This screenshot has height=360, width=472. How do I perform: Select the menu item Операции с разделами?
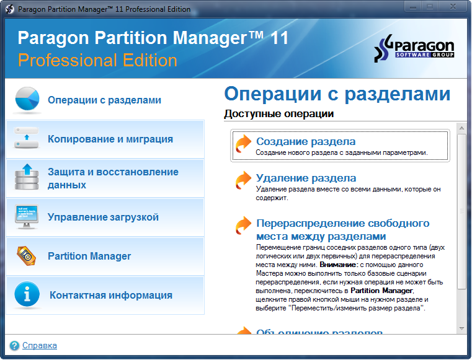tap(104, 100)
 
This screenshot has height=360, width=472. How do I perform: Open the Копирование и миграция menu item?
tap(110, 139)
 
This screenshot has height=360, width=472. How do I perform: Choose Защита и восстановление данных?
tap(113, 178)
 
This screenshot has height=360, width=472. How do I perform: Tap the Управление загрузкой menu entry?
tap(103, 217)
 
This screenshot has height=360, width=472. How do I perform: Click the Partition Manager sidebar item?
tap(89, 257)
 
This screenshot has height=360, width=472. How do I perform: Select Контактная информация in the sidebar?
tap(110, 296)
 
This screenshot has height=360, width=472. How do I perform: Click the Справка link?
tap(40, 346)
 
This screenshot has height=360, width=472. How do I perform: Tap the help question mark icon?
tap(14, 346)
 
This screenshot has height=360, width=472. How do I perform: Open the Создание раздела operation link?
tap(306, 141)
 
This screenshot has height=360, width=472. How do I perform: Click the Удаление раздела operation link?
tap(306, 178)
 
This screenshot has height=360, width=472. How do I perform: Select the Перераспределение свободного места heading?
tap(342, 229)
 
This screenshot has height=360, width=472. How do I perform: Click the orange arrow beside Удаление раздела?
tap(243, 180)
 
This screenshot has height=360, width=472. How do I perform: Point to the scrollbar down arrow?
tap(461, 328)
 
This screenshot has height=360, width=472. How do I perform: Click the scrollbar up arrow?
tap(461, 128)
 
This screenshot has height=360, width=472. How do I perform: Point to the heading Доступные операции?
tap(278, 114)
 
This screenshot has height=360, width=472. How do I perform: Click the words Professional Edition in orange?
tap(97, 60)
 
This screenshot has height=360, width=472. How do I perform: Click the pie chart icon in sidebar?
tap(27, 100)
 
